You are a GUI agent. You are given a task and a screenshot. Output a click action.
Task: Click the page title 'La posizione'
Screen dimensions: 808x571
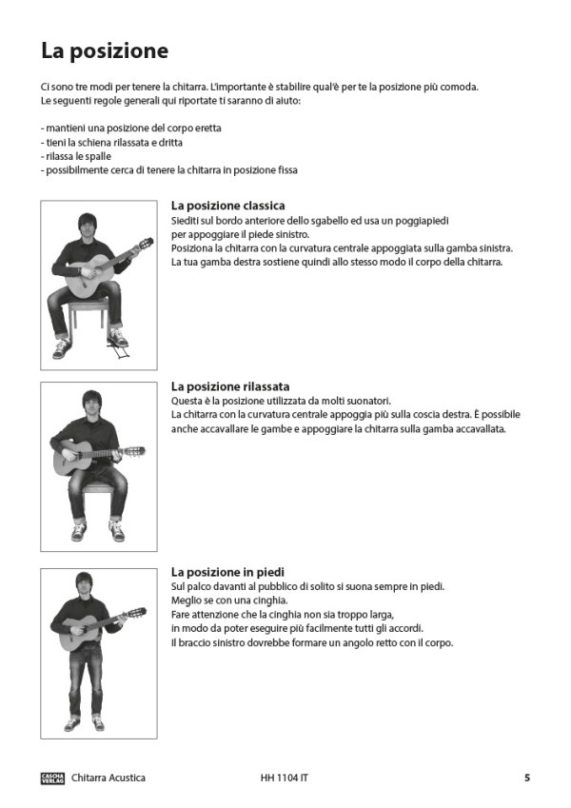tap(105, 50)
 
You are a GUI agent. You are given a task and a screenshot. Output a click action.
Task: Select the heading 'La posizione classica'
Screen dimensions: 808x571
tap(227, 206)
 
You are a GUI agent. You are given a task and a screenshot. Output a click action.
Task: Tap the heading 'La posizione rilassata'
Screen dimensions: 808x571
tap(230, 386)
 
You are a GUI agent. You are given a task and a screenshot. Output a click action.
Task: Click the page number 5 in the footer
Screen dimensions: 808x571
tap(526, 778)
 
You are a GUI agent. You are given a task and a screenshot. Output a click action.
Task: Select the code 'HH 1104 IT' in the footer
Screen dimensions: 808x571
tap(284, 778)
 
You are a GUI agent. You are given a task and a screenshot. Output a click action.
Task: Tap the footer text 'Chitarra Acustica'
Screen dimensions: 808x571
tap(108, 778)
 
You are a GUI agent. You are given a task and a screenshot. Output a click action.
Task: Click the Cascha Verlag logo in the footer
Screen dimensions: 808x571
tap(52, 778)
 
